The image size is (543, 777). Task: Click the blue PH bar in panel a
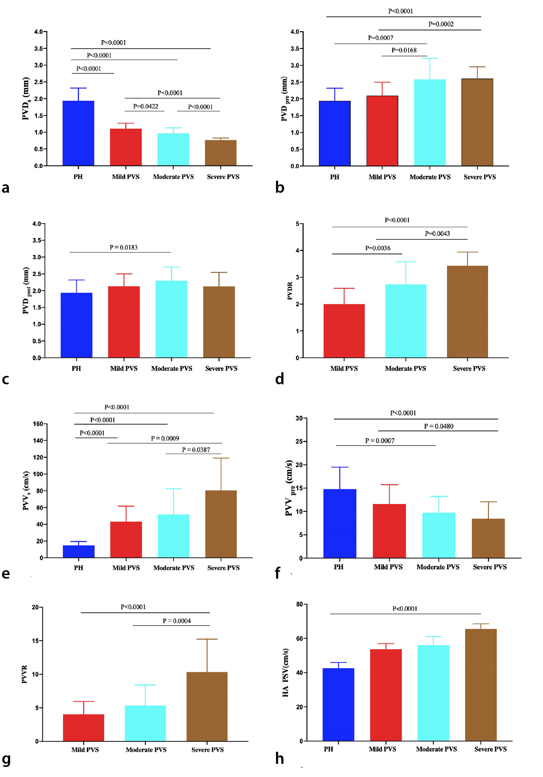(78, 133)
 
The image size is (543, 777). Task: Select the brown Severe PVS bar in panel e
(221, 524)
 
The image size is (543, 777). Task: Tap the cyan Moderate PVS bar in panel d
(406, 321)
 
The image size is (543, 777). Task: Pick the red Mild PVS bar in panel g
(83, 728)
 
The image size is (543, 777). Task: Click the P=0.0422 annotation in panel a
(145, 106)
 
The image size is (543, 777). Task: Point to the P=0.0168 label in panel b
(404, 50)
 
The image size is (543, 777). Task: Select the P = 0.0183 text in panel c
(123, 247)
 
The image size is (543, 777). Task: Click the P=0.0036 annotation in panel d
(377, 248)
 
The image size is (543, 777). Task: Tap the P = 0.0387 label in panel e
(196, 450)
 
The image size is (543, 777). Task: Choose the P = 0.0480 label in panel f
(439, 426)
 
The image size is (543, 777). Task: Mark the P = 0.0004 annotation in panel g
(177, 621)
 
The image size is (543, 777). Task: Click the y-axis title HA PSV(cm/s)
(285, 672)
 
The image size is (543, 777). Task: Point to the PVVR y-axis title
(24, 674)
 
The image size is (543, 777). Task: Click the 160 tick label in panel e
(38, 424)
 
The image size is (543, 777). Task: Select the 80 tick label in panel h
(299, 604)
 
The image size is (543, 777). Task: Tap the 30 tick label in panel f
(299, 418)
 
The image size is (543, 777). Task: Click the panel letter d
(280, 379)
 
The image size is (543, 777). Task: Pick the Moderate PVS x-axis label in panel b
(430, 177)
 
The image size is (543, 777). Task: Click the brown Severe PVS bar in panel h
(481, 685)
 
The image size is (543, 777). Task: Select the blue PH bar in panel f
(340, 523)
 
